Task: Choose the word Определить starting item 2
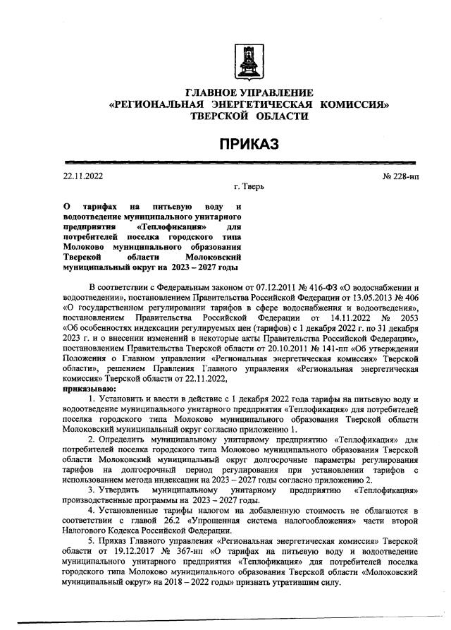130,438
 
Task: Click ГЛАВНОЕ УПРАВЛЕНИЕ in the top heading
248,94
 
